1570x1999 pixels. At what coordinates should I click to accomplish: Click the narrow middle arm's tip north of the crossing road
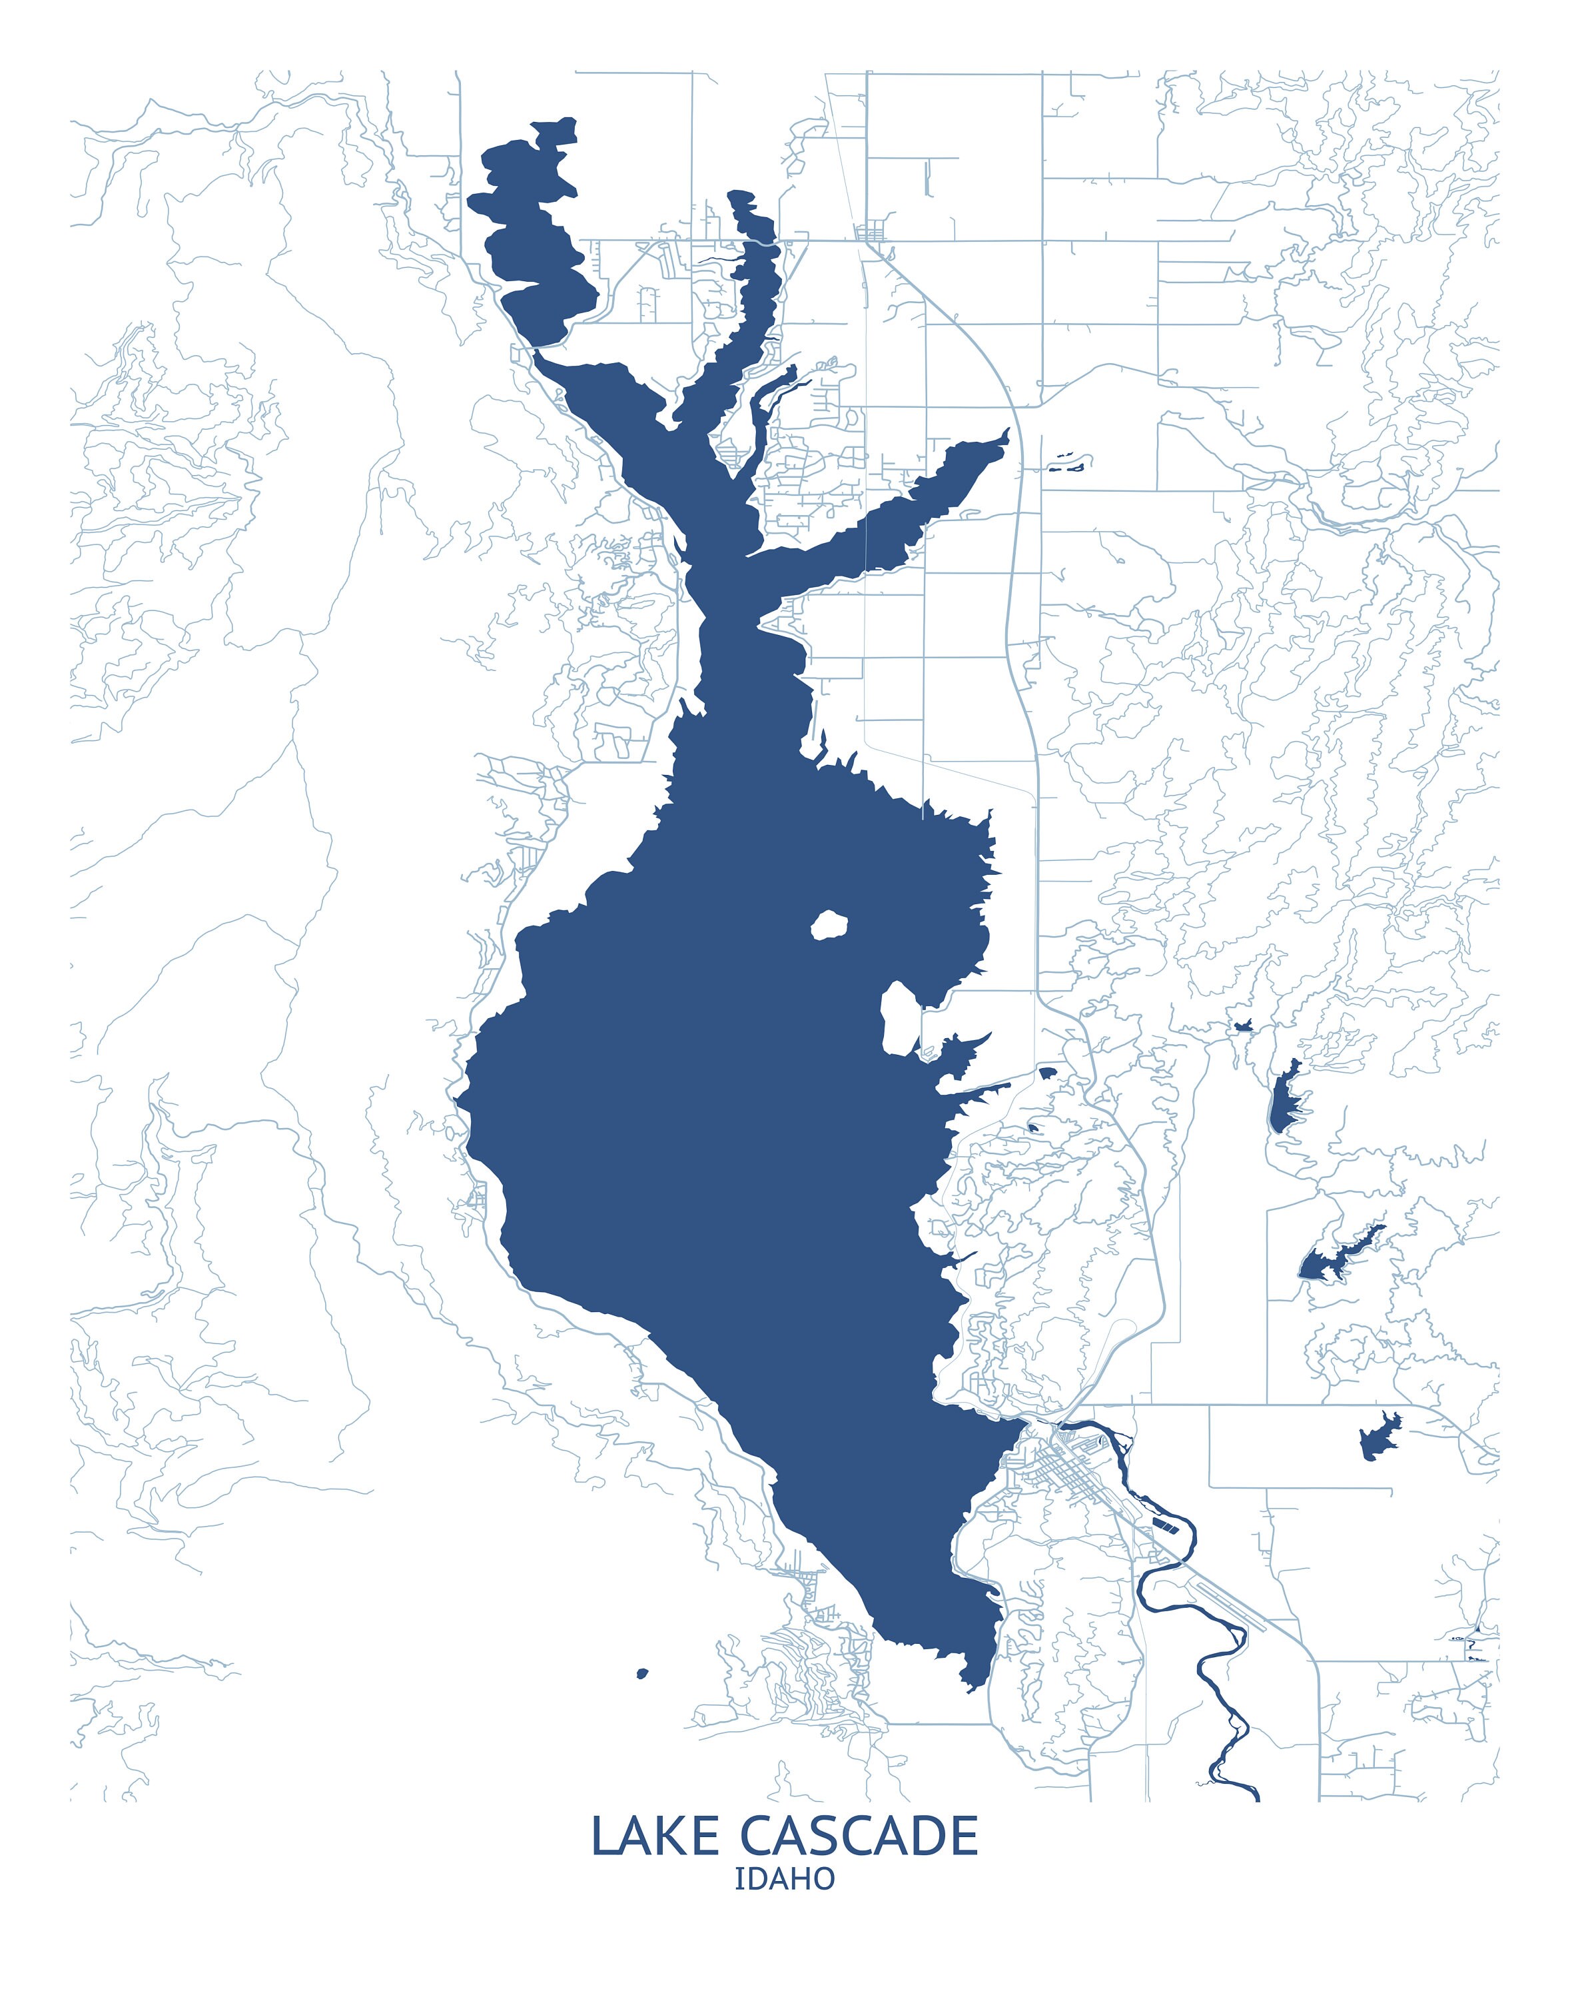tap(735, 195)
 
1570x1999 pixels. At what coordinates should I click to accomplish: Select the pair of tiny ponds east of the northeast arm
tap(1066, 462)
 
